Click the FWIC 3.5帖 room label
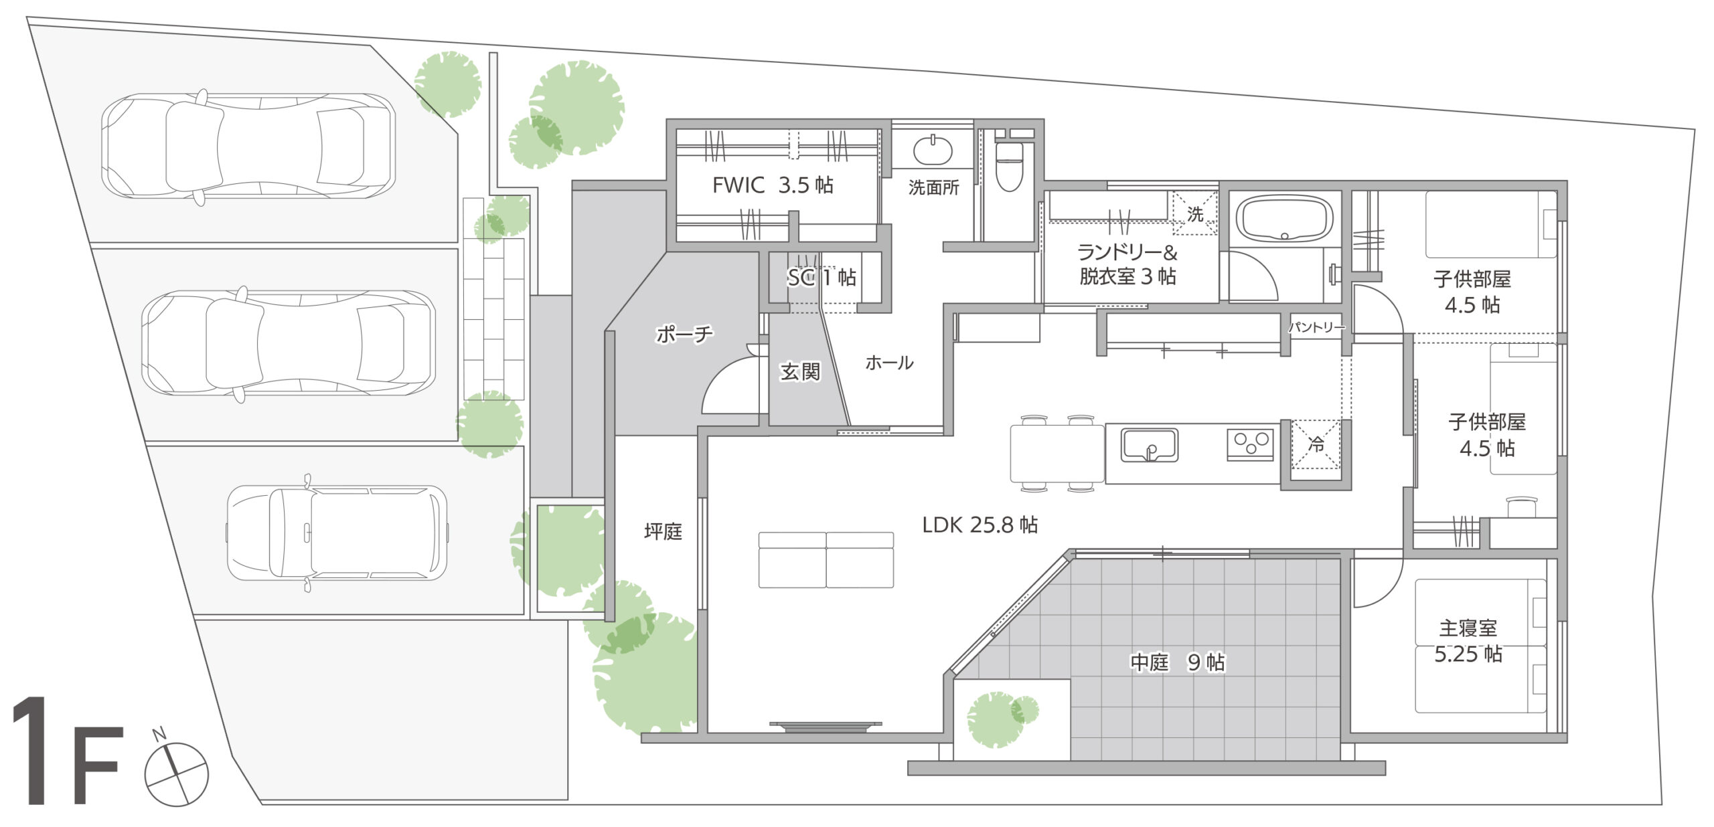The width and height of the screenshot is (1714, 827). coord(773,185)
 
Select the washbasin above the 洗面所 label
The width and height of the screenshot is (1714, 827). coord(932,150)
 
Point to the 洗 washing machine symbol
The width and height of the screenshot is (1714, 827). coord(1194,213)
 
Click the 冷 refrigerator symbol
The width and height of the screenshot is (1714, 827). coord(1316,444)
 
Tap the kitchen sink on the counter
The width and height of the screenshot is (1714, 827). coord(1150,446)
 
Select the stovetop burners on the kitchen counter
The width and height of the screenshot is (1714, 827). coord(1251,444)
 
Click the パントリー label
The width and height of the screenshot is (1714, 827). coord(1316,327)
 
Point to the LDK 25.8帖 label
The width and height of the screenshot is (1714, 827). coord(980,525)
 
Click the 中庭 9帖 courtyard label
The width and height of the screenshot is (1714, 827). coord(1178,662)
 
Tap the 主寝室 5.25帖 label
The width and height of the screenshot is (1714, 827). coord(1468,640)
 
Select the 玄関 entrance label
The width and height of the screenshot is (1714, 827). coord(800,371)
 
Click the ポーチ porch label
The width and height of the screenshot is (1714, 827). coord(684,334)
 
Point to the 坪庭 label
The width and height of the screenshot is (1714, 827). coord(663,531)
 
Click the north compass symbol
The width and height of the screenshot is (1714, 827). coord(176,771)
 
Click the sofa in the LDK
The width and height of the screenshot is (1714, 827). coord(826,560)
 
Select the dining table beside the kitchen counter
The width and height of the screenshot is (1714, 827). coord(1057,454)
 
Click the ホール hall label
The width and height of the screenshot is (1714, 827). coord(889,363)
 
